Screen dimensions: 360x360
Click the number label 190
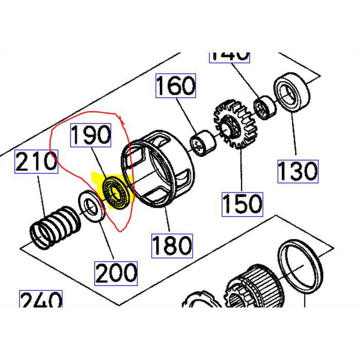(x=91, y=135)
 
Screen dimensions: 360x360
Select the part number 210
(x=36, y=162)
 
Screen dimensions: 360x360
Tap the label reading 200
(x=116, y=273)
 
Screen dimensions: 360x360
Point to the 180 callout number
(x=172, y=245)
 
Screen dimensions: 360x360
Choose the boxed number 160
(x=176, y=86)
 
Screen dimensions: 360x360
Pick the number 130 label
(x=298, y=171)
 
